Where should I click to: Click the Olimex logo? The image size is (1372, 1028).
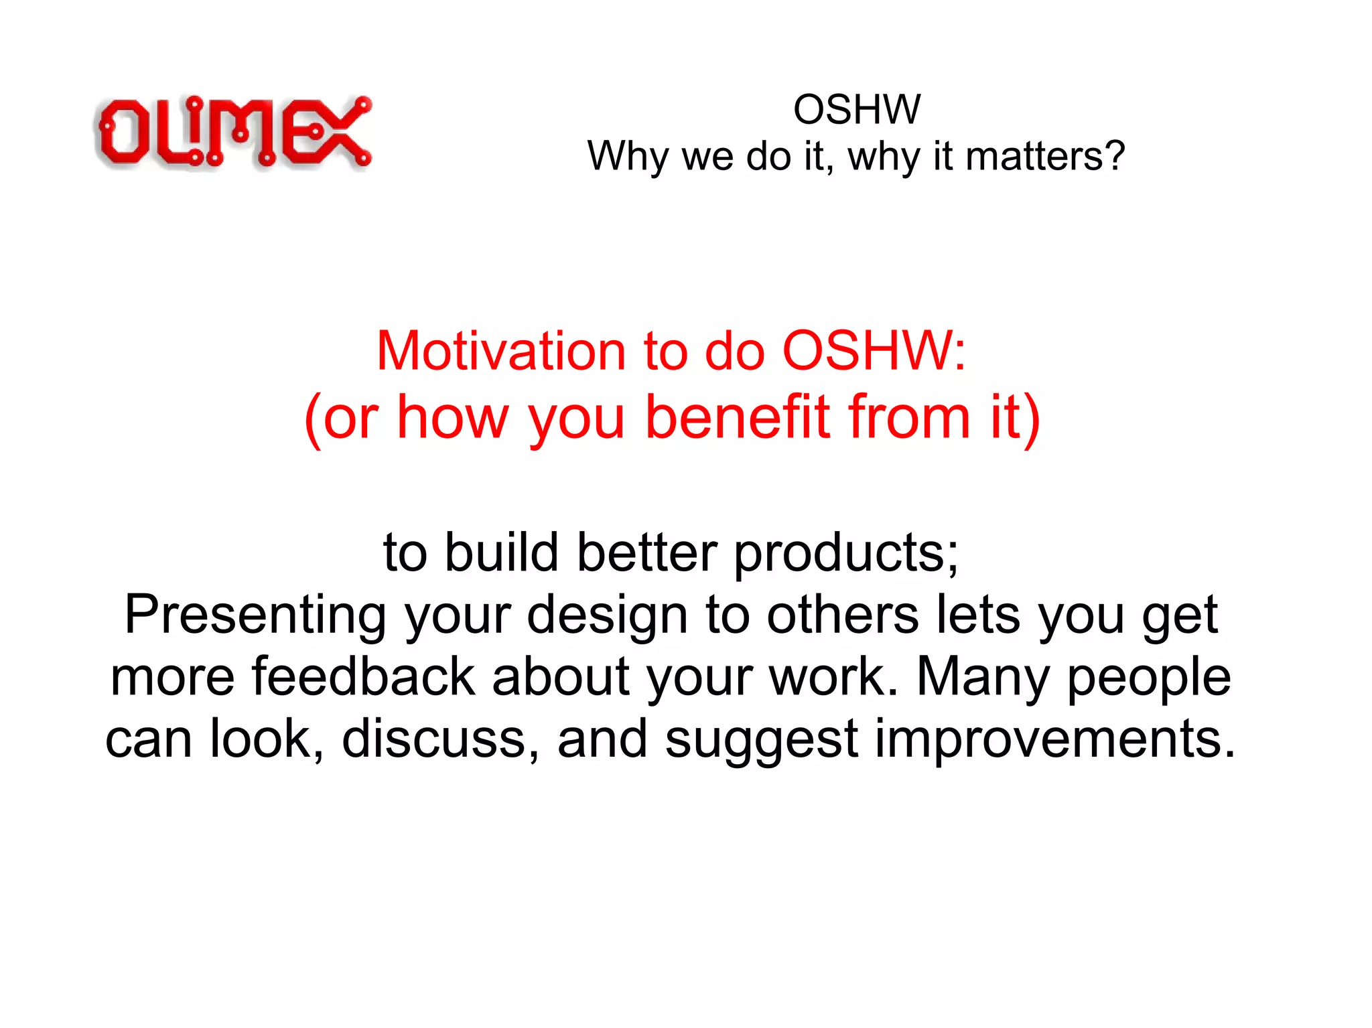pyautogui.click(x=233, y=132)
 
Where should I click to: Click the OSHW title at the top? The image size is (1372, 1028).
pyautogui.click(x=856, y=109)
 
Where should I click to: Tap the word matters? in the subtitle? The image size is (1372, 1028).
pyautogui.click(x=1044, y=157)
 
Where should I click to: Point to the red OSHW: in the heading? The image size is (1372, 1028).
pyautogui.click(x=874, y=351)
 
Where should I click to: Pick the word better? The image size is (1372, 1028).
pyautogui.click(x=647, y=553)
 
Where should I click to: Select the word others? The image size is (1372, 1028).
pyautogui.click(x=842, y=615)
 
